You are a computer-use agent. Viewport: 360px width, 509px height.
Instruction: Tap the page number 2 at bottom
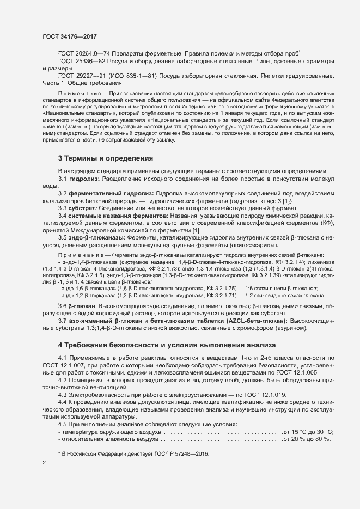coord(45,463)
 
